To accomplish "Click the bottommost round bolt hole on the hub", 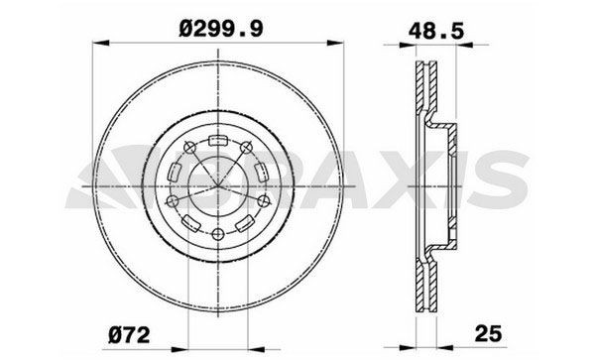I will [217, 233].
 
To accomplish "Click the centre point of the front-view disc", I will [217, 186].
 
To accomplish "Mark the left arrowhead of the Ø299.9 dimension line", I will [96, 43].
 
